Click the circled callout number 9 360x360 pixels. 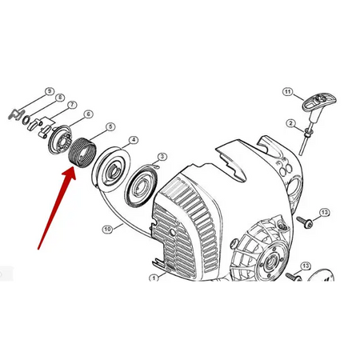[50, 91]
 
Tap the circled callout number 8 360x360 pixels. [60, 98]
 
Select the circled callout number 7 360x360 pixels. [72, 105]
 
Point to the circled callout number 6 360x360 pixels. [88, 114]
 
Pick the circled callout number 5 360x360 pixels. [110, 126]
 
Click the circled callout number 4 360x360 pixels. [134, 140]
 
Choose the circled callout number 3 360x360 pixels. [162, 157]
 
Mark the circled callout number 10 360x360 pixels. [107, 229]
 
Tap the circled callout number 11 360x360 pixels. [287, 92]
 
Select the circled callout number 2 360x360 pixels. [290, 123]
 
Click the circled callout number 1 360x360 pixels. [154, 278]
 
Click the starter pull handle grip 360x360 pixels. [319, 102]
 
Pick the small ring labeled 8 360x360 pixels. [26, 120]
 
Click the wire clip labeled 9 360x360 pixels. [17, 114]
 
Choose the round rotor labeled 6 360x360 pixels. [60, 139]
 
